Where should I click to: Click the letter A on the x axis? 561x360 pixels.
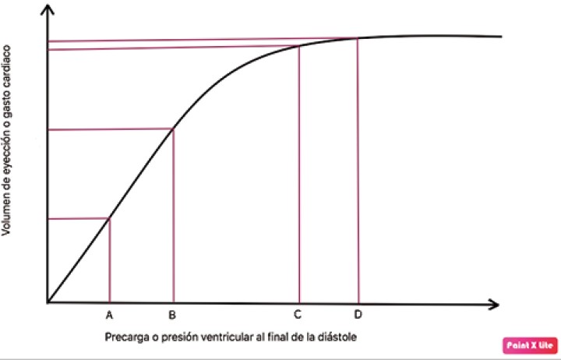click(x=109, y=316)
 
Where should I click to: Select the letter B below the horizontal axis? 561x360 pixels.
click(x=173, y=316)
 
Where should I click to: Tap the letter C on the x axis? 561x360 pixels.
click(x=298, y=316)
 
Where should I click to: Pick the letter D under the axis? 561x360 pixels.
click(x=358, y=316)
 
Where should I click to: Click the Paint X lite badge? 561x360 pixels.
click(x=528, y=344)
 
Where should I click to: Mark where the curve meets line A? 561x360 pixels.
click(x=109, y=218)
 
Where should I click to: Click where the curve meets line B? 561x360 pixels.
click(x=173, y=129)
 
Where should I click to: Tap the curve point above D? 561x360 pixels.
click(x=358, y=38)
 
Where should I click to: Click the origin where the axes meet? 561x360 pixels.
click(x=48, y=302)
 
